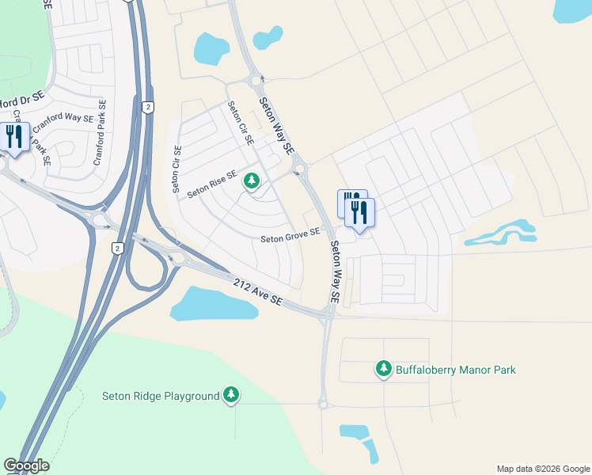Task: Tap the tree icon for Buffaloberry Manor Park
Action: click(x=383, y=368)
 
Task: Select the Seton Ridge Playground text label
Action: click(x=161, y=396)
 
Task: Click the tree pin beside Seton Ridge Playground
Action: click(x=230, y=394)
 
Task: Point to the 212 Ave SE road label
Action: click(x=258, y=291)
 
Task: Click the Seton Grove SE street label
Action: click(x=290, y=234)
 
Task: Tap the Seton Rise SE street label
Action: click(x=211, y=183)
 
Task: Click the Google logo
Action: click(x=26, y=465)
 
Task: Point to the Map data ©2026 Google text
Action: click(x=542, y=469)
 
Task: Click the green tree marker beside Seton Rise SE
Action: click(x=252, y=182)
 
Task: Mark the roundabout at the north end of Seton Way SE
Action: click(x=256, y=80)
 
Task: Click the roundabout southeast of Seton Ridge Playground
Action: click(x=323, y=404)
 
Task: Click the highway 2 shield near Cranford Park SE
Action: click(x=147, y=107)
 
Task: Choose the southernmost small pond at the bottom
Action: click(x=370, y=451)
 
